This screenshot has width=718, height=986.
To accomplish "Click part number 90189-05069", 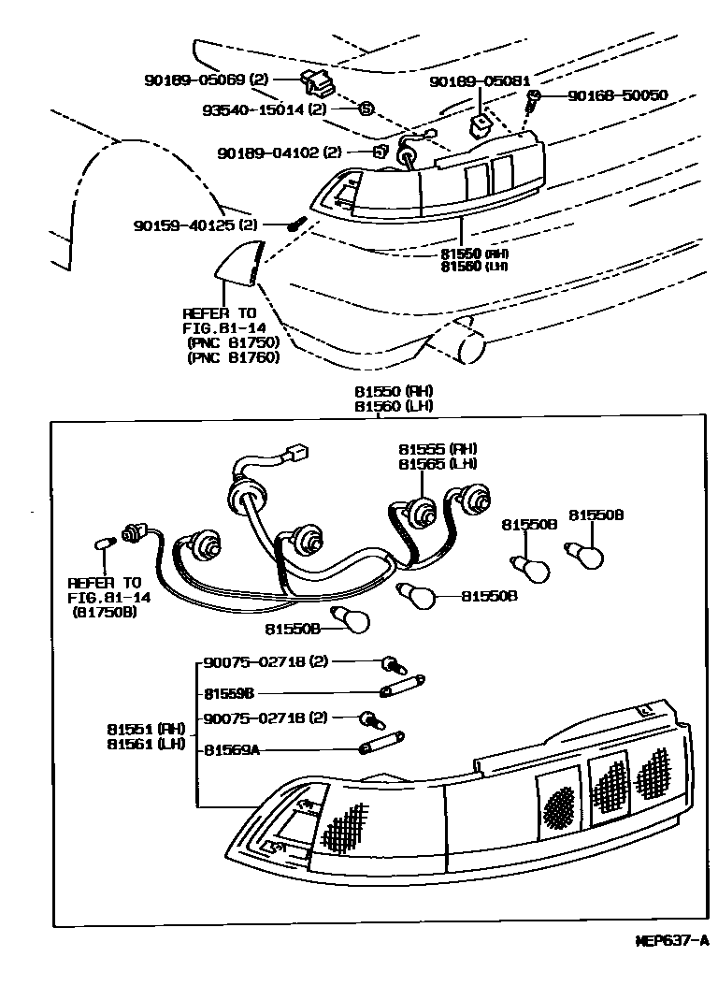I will pos(193,80).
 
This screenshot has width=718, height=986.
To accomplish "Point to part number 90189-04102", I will pos(266,152).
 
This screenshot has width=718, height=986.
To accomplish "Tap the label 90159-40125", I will pos(181,225).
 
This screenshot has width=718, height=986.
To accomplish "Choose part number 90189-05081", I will pos(480,81).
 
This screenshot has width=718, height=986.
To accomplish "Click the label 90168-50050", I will pos(618,95).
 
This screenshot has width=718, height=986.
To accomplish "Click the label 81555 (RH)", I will pos(437,449).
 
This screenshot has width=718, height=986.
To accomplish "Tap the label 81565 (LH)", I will pos(437,464).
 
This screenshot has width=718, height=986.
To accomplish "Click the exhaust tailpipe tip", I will pos(471,348).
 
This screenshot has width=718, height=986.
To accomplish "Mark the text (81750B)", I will pos(104,612).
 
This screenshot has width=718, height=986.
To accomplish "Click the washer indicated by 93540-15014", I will pos(366,109).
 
